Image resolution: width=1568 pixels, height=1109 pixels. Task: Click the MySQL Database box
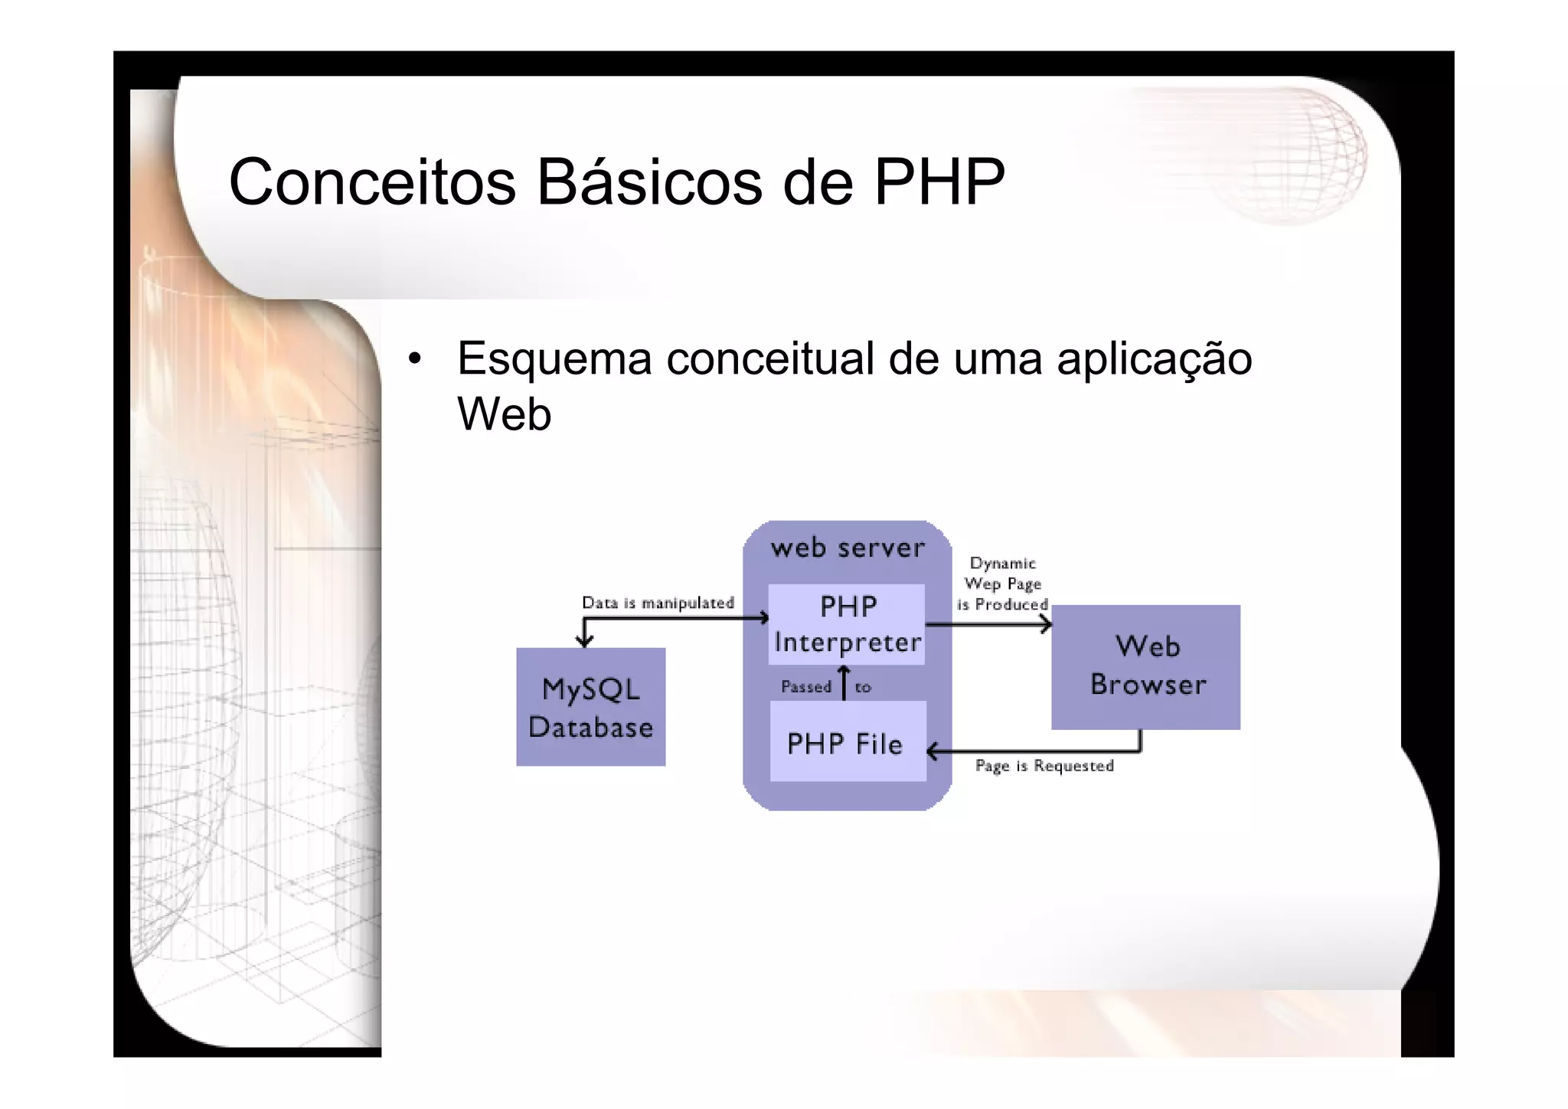[590, 707]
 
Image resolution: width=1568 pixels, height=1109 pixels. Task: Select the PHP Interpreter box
[847, 624]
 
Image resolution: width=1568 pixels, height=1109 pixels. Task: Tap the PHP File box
[847, 743]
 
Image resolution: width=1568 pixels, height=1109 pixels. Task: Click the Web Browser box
[1146, 666]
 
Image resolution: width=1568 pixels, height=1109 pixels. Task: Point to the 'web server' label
[848, 548]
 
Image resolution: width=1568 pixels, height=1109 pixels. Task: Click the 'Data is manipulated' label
[658, 603]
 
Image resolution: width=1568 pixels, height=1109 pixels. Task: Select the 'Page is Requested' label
[1044, 766]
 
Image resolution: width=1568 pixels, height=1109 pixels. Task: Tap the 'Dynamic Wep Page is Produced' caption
[1002, 584]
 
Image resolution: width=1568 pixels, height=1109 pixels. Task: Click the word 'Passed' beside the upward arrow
[805, 687]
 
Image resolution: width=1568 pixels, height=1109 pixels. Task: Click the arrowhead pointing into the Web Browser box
[1047, 625]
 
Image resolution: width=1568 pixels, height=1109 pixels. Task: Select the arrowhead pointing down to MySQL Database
[584, 641]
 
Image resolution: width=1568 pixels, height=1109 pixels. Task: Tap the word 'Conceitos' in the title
[372, 182]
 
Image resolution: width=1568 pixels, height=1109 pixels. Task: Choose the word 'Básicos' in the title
[649, 182]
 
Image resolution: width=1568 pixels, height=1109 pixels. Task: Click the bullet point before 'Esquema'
[414, 358]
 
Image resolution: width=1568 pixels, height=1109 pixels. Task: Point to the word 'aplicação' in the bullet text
[1154, 358]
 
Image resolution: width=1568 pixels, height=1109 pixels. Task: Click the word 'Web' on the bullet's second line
[504, 414]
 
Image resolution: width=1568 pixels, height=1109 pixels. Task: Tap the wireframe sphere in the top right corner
[1294, 153]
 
